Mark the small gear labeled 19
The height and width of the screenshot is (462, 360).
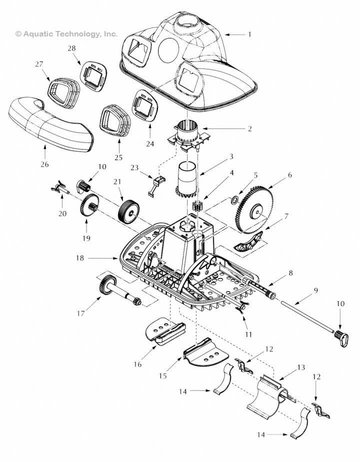89,207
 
